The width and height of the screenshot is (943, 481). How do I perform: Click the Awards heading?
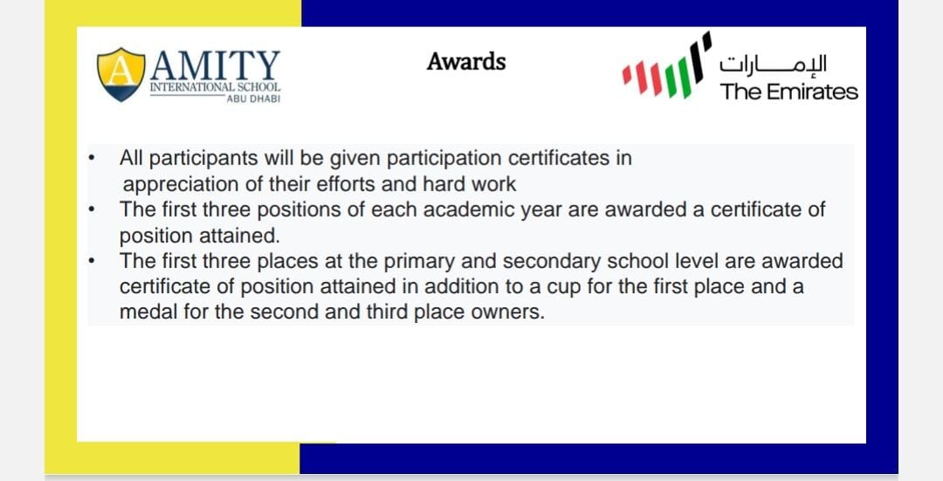pyautogui.click(x=466, y=62)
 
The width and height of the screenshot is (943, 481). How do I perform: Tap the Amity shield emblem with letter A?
pyautogui.click(x=121, y=74)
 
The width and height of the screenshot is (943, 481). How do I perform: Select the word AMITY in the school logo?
pyautogui.click(x=216, y=65)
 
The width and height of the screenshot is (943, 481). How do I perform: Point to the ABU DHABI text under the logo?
pyautogui.click(x=252, y=99)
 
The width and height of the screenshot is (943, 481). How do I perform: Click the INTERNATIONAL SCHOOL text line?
pyautogui.click(x=215, y=87)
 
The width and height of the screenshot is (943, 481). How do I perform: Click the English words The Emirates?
pyautogui.click(x=788, y=92)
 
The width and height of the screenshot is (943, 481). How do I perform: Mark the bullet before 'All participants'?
pyautogui.click(x=90, y=160)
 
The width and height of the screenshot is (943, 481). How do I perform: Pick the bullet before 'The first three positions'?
pyautogui.click(x=90, y=210)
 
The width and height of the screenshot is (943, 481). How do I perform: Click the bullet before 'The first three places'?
pyautogui.click(x=90, y=261)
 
